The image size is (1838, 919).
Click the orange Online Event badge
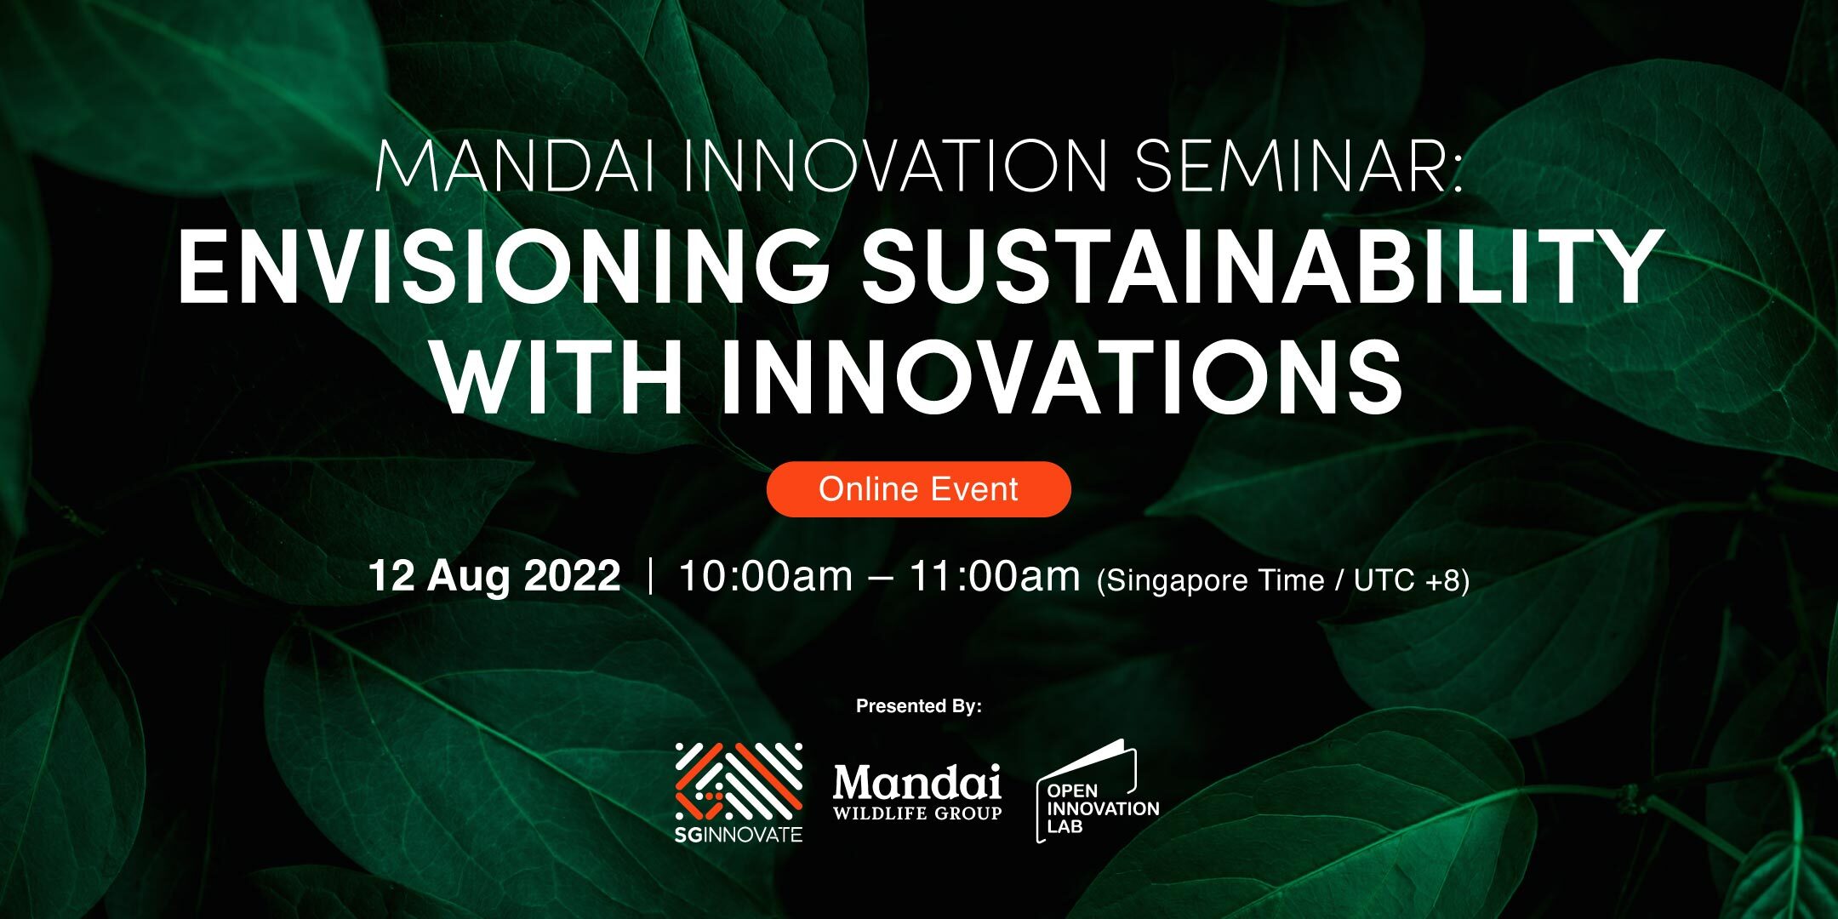pyautogui.click(x=918, y=489)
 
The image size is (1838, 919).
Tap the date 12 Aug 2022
pyautogui.click(x=494, y=576)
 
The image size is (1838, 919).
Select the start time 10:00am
pyautogui.click(x=765, y=576)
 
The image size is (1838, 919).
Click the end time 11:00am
pyautogui.click(x=995, y=576)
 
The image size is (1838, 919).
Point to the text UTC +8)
pyautogui.click(x=1412, y=580)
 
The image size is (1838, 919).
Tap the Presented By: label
pyautogui.click(x=919, y=706)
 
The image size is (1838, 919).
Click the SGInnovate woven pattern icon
pyautogui.click(x=739, y=780)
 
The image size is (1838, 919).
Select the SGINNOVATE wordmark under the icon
pyautogui.click(x=739, y=835)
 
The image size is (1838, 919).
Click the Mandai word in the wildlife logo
pyautogui.click(x=917, y=782)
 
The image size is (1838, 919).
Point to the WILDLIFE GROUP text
pyautogui.click(x=917, y=813)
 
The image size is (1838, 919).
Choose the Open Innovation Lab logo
pyautogui.click(x=1098, y=791)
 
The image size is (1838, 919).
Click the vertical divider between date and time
pyautogui.click(x=650, y=576)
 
